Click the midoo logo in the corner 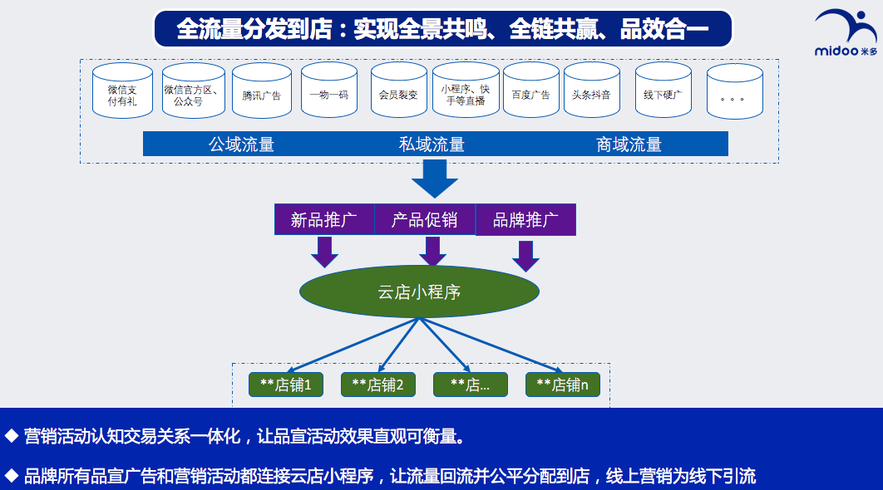pos(846,32)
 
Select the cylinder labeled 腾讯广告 pos(262,90)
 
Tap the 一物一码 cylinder pos(329,90)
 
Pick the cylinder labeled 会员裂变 pos(399,90)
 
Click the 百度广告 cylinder pos(531,90)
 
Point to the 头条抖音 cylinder pos(592,90)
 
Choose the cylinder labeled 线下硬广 pos(663,90)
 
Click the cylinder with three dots pos(735,91)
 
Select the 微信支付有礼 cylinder pos(122,90)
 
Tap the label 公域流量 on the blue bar pos(242,145)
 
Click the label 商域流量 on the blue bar pos(629,145)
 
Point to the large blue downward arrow pos(434,179)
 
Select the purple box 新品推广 pos(324,219)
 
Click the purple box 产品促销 pos(425,219)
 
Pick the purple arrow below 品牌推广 pos(526,257)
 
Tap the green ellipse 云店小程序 pos(420,292)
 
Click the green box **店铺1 pos(286,385)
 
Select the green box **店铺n pos(563,385)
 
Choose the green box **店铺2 pos(378,385)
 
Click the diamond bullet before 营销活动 pos(11,436)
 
